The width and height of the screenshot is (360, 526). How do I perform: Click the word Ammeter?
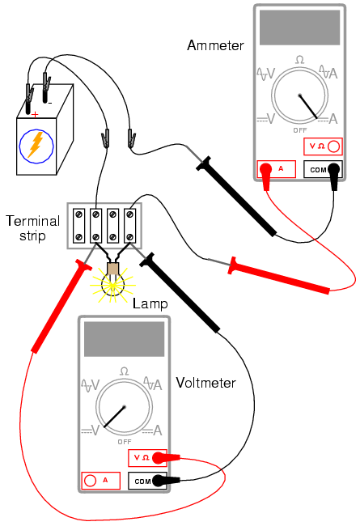point(215,45)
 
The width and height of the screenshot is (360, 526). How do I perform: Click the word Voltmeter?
point(206,383)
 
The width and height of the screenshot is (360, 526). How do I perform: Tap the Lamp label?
point(150,304)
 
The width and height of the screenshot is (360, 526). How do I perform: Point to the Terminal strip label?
point(32,228)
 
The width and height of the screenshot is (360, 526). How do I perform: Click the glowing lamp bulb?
point(113,284)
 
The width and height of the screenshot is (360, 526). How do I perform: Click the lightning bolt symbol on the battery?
point(36,145)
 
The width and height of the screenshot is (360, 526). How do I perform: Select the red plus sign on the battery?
point(35,115)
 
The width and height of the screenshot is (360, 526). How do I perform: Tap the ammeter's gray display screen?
point(299,28)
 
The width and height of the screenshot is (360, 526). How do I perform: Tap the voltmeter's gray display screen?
point(124,339)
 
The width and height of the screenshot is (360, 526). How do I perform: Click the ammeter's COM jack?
point(334,169)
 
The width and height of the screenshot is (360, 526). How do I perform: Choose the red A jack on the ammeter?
point(266,169)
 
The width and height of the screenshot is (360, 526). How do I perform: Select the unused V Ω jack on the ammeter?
point(333,146)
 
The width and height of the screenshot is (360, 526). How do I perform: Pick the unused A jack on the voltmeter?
point(90,481)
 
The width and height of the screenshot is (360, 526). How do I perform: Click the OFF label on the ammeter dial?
point(300,130)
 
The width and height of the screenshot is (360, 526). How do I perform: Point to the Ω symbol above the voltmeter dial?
point(124,371)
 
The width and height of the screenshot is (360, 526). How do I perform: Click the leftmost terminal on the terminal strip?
point(79,226)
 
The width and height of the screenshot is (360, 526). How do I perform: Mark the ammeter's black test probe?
point(236,197)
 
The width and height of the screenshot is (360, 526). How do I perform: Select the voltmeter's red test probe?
point(61,306)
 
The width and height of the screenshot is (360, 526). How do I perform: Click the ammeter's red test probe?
point(279,275)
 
